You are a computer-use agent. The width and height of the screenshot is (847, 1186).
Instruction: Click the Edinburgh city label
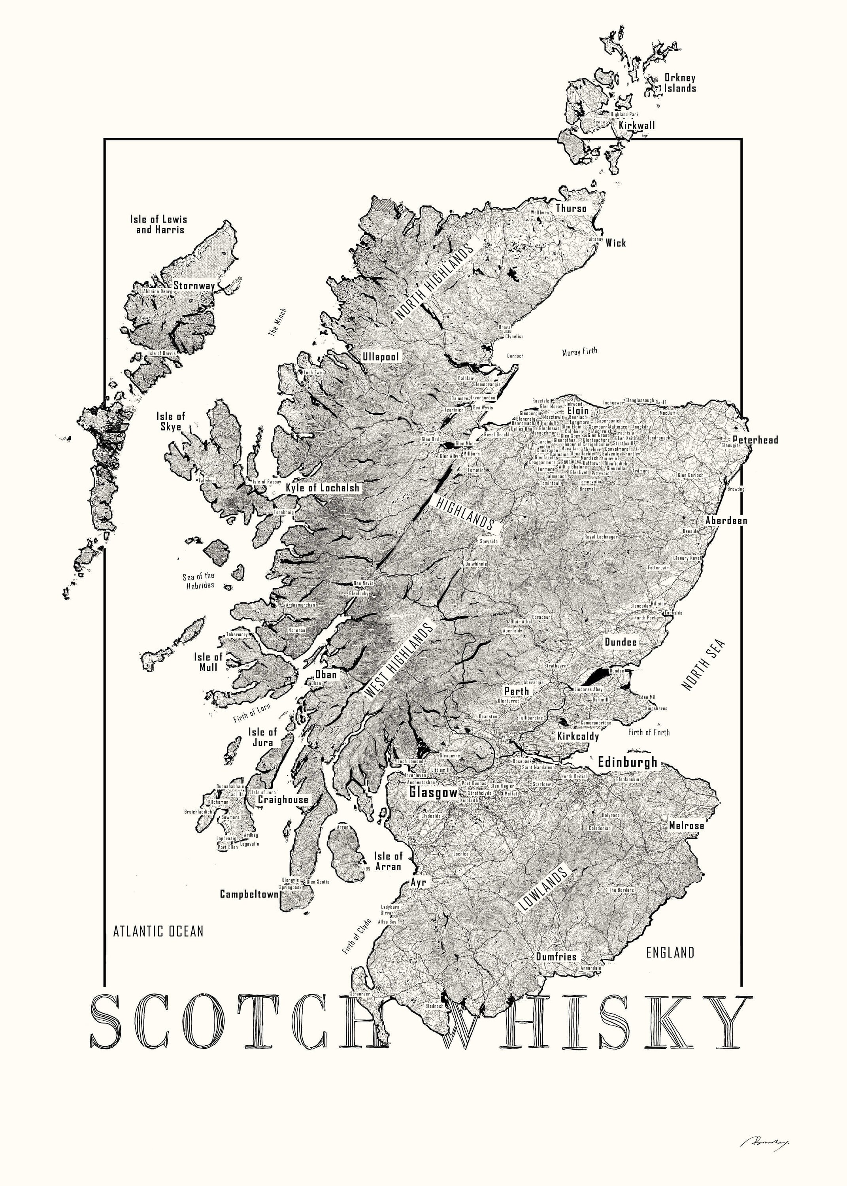point(627,762)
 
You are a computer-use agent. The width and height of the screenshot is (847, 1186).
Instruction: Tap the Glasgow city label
point(433,792)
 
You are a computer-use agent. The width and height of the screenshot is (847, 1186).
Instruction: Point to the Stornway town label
point(194,286)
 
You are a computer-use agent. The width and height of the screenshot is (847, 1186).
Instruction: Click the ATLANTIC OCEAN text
point(158,931)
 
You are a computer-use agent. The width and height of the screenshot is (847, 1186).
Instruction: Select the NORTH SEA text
point(703,665)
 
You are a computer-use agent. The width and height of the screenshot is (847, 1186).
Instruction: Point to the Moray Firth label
point(579,352)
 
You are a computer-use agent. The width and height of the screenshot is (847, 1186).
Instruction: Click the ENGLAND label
point(670,952)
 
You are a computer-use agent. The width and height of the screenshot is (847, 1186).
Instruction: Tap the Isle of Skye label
point(171,421)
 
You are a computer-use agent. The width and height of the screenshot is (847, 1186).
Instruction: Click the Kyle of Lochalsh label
point(323,488)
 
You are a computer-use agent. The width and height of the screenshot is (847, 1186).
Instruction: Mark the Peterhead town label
point(755,440)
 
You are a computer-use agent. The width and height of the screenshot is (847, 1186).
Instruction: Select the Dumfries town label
point(556,957)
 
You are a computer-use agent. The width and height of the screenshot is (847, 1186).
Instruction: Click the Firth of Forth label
point(649,732)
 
